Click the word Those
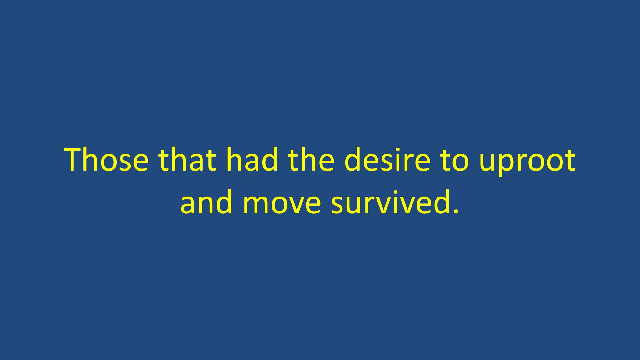[x=106, y=160]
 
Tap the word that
[x=187, y=160]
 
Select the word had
[x=252, y=160]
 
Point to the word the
[x=311, y=160]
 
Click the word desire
[x=387, y=160]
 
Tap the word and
[x=206, y=202]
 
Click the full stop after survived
[x=456, y=212]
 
